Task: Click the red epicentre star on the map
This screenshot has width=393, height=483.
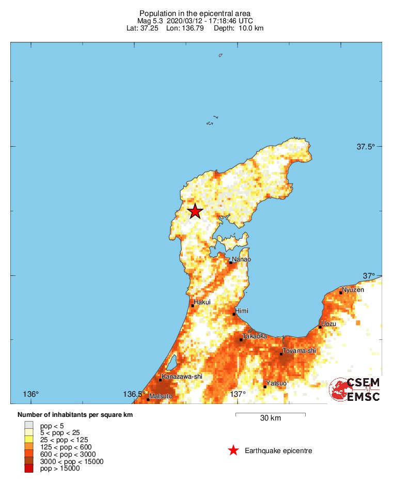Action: tap(195, 211)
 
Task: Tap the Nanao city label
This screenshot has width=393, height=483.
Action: tap(241, 259)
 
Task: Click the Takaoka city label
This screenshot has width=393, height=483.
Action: tap(255, 336)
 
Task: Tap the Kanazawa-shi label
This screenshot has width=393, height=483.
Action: tap(182, 377)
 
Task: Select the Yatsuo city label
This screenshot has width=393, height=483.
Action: tap(276, 383)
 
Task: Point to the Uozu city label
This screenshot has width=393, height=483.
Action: tap(328, 324)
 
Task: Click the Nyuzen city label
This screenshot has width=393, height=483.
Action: tap(353, 289)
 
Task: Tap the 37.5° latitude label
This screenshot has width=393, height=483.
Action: tap(366, 147)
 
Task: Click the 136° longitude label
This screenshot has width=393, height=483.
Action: tap(31, 394)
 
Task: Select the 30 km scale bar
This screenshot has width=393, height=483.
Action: tap(270, 414)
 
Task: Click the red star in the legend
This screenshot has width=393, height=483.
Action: tap(233, 450)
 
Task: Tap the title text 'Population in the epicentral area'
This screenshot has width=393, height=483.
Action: tap(195, 13)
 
